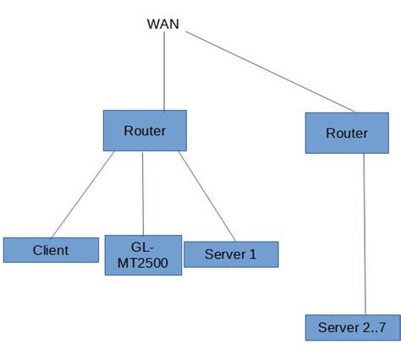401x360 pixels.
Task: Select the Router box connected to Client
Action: (145, 131)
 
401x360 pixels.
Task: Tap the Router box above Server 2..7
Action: (347, 134)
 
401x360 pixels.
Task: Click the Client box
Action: (51, 250)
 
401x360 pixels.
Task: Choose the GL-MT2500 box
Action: (143, 255)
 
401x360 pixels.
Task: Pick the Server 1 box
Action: (230, 254)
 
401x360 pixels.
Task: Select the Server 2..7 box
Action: (353, 327)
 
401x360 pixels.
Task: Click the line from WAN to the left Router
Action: (165, 72)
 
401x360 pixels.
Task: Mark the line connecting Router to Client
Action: (82, 194)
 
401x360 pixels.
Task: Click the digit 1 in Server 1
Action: (252, 254)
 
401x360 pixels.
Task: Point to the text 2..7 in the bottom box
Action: (376, 327)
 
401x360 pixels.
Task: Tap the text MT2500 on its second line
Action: (143, 264)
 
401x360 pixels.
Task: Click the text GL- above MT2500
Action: (141, 247)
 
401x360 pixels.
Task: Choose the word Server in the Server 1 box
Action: (223, 254)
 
